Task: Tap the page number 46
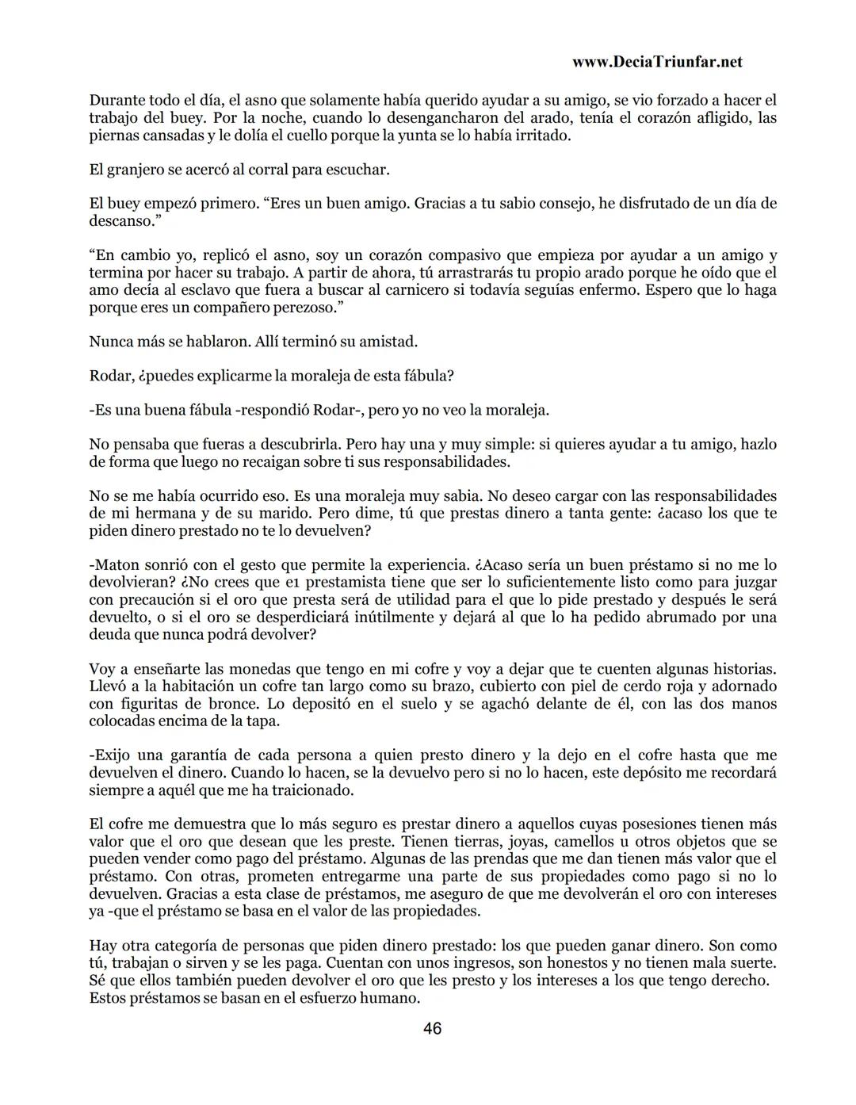click(432, 1029)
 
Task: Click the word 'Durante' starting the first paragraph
click(117, 101)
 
